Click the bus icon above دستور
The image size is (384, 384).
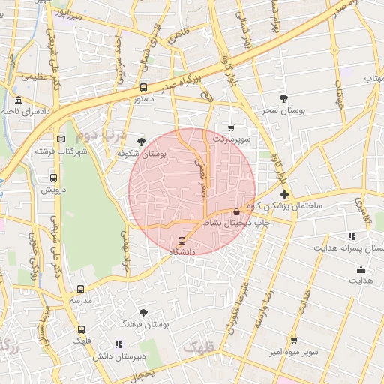(143, 87)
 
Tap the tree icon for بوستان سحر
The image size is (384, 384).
(283, 98)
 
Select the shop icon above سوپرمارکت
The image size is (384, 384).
(231, 128)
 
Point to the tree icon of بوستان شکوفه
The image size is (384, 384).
(141, 141)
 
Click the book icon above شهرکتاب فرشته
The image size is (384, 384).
(61, 139)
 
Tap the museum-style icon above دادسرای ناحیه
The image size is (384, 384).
(19, 100)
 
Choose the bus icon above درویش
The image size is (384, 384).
(53, 178)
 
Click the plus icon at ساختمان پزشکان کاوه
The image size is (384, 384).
(284, 194)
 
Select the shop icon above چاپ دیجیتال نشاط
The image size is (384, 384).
(237, 211)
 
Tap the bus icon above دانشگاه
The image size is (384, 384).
(181, 241)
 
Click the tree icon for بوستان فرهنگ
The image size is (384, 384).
(143, 312)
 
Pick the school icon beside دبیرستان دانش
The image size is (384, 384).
(118, 344)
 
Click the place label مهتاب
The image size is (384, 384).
(373, 78)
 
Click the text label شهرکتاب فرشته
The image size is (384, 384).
(61, 151)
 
